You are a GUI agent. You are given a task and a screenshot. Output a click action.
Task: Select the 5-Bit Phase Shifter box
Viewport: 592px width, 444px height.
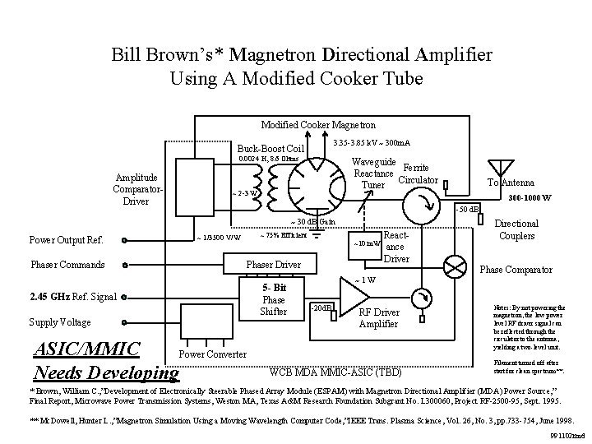click(x=274, y=300)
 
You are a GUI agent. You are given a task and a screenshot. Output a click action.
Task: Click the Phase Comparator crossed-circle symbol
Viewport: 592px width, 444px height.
click(x=455, y=264)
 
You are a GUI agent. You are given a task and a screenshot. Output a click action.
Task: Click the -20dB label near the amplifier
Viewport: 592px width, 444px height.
click(x=321, y=308)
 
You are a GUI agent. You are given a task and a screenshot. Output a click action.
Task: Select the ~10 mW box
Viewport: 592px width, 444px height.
click(x=365, y=244)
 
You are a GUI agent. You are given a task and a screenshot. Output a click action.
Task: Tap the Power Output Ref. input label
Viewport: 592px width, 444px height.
click(x=66, y=241)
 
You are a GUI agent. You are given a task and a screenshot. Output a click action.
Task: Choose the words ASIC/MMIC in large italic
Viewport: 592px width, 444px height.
click(x=86, y=348)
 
